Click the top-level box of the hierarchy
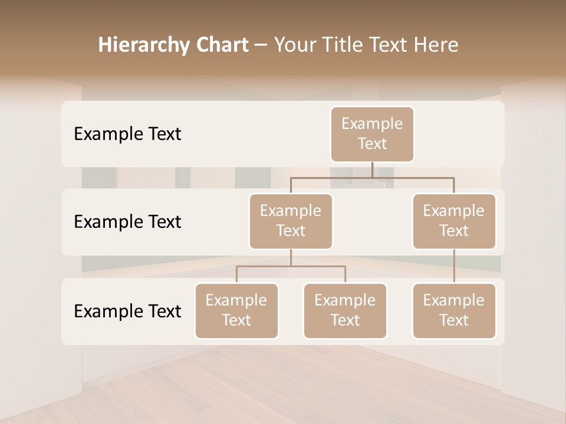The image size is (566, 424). (x=372, y=134)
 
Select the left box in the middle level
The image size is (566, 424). (x=291, y=221)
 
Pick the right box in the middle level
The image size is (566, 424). (x=454, y=221)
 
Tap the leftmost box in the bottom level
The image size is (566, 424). (x=236, y=311)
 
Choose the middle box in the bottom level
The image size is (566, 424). (x=345, y=311)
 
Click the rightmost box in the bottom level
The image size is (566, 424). (x=454, y=311)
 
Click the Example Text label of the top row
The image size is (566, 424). (x=127, y=134)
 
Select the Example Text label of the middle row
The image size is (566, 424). (x=127, y=222)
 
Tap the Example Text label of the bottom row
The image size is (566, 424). (x=127, y=311)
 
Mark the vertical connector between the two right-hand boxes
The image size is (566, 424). (x=454, y=266)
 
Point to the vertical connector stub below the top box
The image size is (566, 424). (x=372, y=170)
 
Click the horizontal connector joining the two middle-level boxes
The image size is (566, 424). (x=372, y=177)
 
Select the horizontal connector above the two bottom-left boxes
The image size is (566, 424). (x=291, y=266)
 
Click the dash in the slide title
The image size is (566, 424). (x=261, y=45)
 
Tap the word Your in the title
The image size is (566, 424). (x=294, y=45)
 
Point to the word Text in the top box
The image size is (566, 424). (x=372, y=144)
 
